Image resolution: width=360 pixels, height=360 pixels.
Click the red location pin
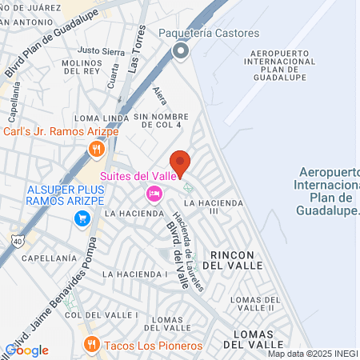180,162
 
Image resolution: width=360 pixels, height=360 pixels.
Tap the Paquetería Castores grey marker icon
180,52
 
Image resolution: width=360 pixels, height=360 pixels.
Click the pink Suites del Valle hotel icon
154,194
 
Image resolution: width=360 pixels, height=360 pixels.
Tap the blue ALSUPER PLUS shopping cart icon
81,218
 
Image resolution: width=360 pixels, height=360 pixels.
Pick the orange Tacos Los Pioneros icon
91,345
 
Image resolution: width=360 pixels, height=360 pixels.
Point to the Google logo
26,350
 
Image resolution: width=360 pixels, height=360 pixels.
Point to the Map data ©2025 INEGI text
312,354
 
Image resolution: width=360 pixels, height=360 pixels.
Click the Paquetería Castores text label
209,34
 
